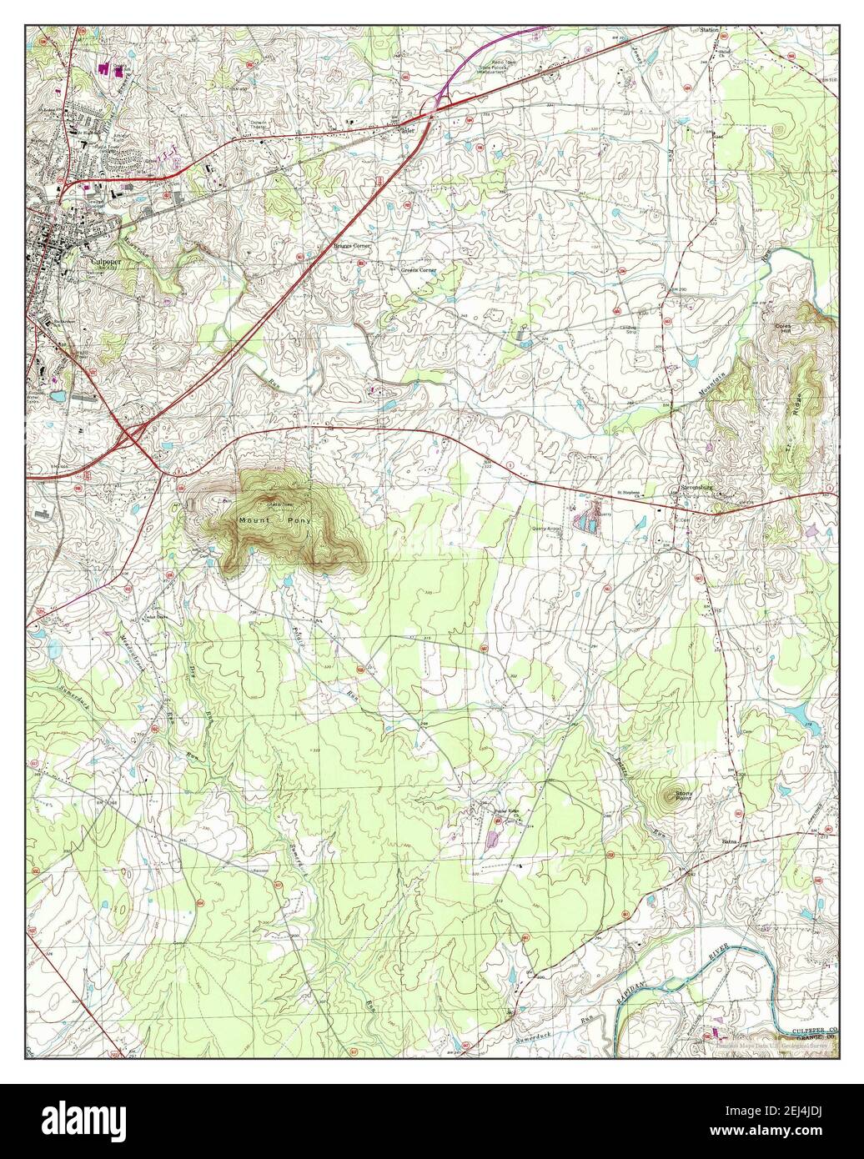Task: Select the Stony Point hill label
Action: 683,795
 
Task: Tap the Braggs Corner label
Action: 351,247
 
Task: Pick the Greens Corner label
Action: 418,271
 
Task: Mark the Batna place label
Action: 730,842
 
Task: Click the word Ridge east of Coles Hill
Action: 804,405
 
